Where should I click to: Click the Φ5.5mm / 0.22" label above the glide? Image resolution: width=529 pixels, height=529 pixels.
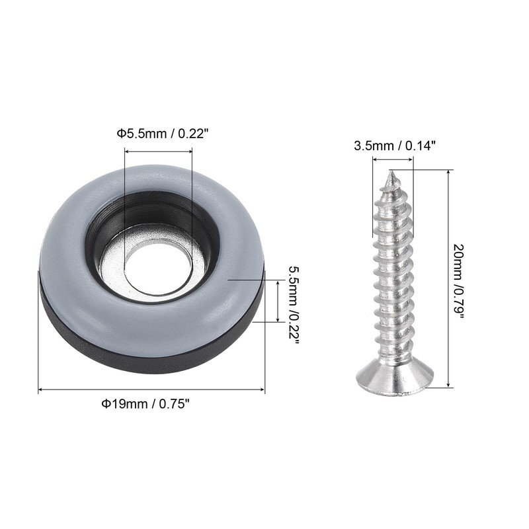click(161, 134)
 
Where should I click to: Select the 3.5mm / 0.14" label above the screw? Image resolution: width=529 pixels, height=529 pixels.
click(395, 145)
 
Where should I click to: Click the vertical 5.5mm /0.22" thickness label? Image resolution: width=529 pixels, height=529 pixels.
click(294, 304)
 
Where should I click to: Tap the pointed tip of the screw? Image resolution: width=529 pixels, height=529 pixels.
click(391, 171)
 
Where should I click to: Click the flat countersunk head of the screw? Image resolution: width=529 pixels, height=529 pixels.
click(395, 378)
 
